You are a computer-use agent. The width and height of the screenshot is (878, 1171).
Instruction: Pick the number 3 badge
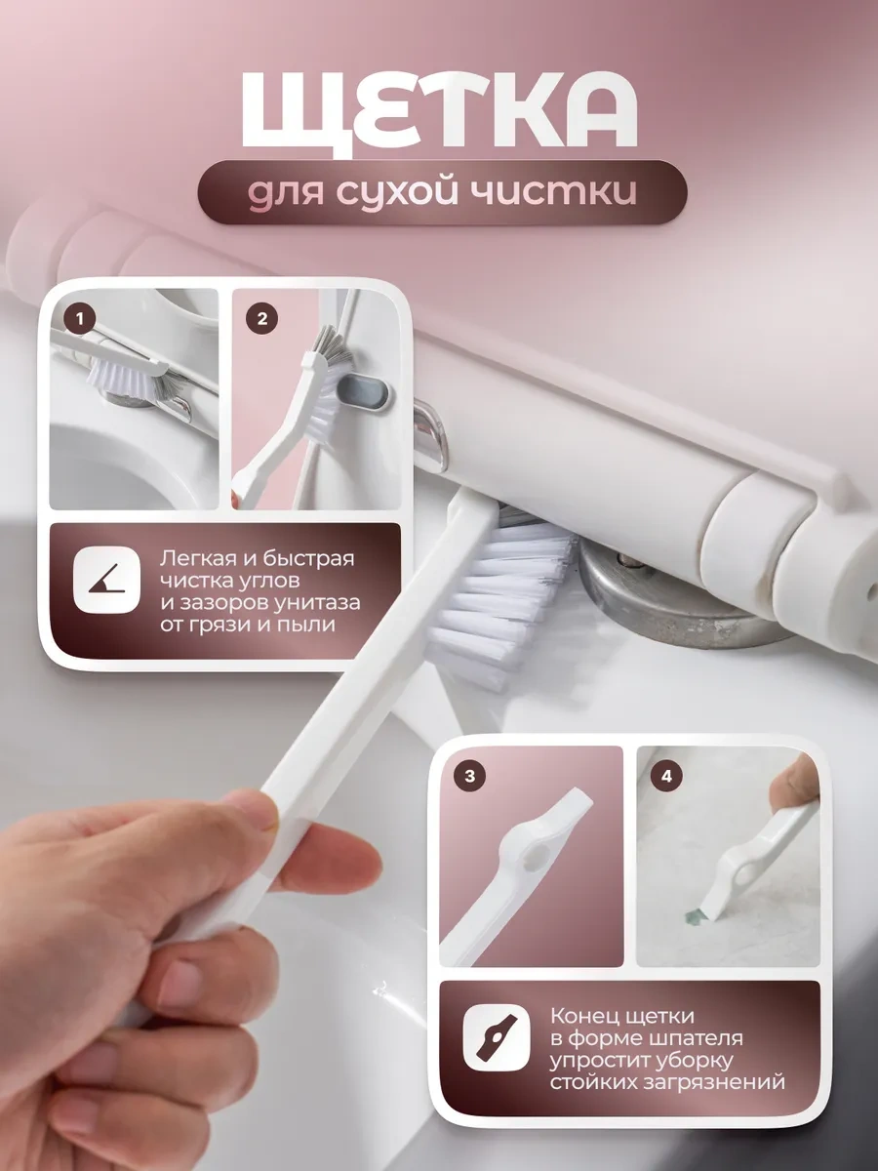[469, 777]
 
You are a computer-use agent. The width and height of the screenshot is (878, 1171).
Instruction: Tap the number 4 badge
[666, 777]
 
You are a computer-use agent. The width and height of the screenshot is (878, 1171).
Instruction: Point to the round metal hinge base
[683, 605]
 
